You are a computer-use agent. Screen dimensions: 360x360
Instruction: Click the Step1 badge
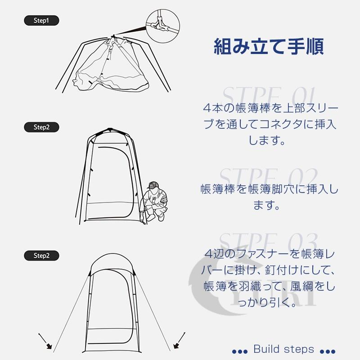tap(41, 21)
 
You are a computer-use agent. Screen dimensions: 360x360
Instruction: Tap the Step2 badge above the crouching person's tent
tap(41, 127)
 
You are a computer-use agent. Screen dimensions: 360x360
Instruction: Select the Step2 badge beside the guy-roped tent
tap(41, 256)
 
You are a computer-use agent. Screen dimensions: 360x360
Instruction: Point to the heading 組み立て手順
tap(268, 46)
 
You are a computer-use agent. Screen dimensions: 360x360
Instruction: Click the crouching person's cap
tap(154, 184)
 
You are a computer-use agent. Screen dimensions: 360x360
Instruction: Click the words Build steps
tap(283, 349)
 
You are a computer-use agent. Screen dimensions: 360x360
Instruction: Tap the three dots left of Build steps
tap(239, 351)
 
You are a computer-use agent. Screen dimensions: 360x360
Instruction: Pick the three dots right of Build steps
tap(328, 351)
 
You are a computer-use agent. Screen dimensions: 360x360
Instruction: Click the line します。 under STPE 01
tap(268, 141)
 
